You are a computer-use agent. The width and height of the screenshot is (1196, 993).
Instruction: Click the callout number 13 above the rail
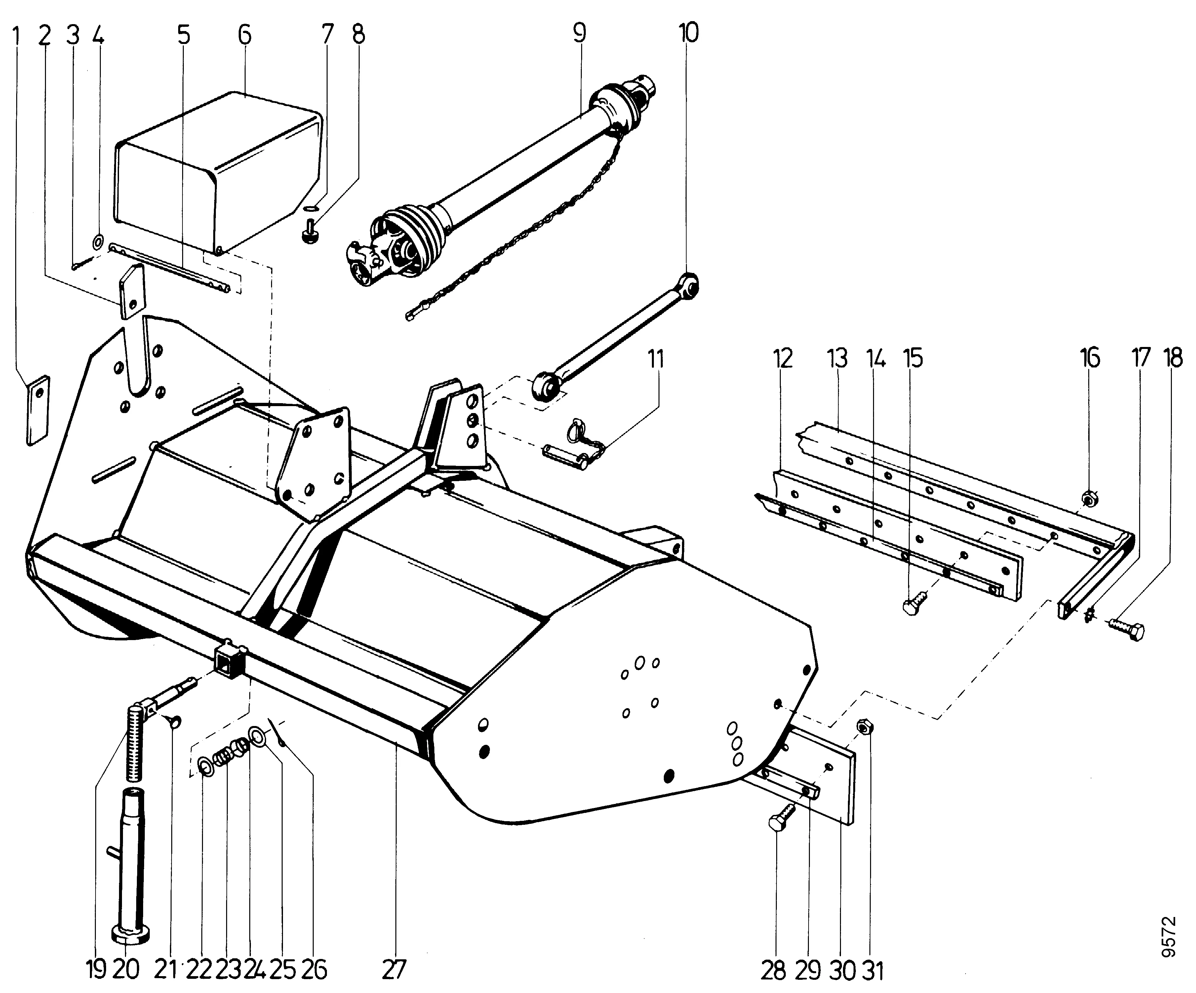coord(837,359)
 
